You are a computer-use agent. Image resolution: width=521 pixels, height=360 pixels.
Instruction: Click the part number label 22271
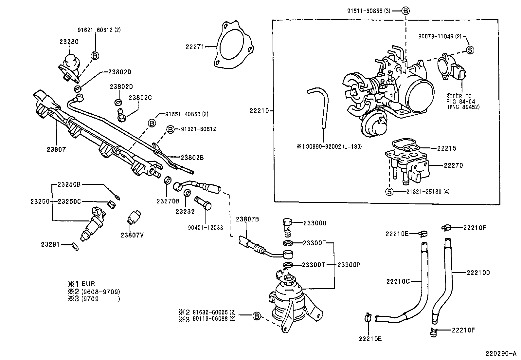pyautogui.click(x=195, y=47)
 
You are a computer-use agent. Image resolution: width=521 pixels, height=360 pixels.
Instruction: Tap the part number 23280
pyautogui.click(x=69, y=42)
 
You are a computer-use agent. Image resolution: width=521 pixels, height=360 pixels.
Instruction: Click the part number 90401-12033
pyautogui.click(x=206, y=227)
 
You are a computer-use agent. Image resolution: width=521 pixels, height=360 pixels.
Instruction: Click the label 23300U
pyautogui.click(x=314, y=223)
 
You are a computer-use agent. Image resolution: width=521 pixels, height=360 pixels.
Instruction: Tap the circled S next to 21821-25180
pyautogui.click(x=389, y=192)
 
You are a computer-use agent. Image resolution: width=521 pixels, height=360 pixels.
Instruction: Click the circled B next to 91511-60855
pyautogui.click(x=405, y=11)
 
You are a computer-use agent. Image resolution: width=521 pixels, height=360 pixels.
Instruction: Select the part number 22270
pyautogui.click(x=453, y=165)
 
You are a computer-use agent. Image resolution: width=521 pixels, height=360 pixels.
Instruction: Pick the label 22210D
pyautogui.click(x=478, y=272)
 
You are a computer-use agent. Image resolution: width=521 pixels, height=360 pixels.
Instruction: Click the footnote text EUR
pyautogui.click(x=88, y=284)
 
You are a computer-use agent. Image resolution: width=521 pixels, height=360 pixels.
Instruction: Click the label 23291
pyautogui.click(x=50, y=244)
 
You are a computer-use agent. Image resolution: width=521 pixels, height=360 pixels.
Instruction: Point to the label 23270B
pyautogui.click(x=168, y=201)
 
